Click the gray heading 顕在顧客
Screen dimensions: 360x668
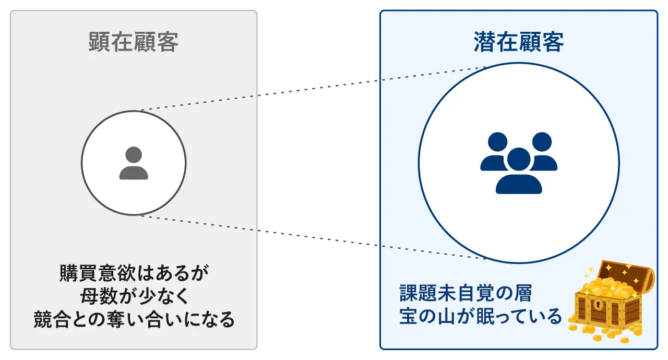(x=134, y=42)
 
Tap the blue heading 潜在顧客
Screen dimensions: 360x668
(x=519, y=42)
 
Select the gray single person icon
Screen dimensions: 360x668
(x=134, y=163)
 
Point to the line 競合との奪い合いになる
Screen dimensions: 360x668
(x=134, y=319)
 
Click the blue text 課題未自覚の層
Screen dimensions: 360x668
(x=466, y=293)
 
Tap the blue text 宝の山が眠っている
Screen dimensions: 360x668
(x=480, y=316)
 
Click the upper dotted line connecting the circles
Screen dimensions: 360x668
(x=313, y=89)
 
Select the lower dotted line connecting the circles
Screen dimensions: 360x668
(x=313, y=237)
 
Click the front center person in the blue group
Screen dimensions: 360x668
(x=519, y=175)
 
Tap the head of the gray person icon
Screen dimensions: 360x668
(x=134, y=155)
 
